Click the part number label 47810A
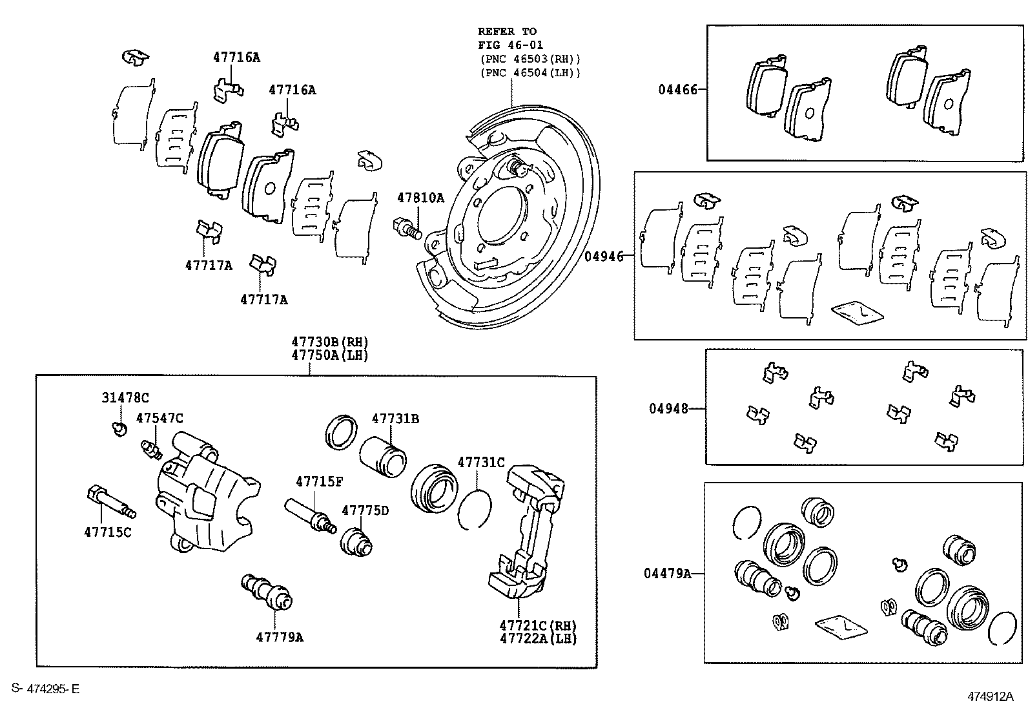tap(420, 198)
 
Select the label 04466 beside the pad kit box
tap(677, 90)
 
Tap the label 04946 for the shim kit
tap(604, 256)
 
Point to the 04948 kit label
tap(668, 408)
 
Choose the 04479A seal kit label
tap(667, 573)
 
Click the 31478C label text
tap(125, 398)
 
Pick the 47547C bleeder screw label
tap(159, 419)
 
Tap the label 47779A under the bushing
tap(279, 637)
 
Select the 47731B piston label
tap(395, 419)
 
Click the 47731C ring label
tap(481, 463)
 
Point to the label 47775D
tap(365, 510)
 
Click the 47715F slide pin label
tap(320, 481)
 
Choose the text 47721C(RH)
tap(537, 625)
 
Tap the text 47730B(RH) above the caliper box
tap(329, 342)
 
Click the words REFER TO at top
tap(507, 31)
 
